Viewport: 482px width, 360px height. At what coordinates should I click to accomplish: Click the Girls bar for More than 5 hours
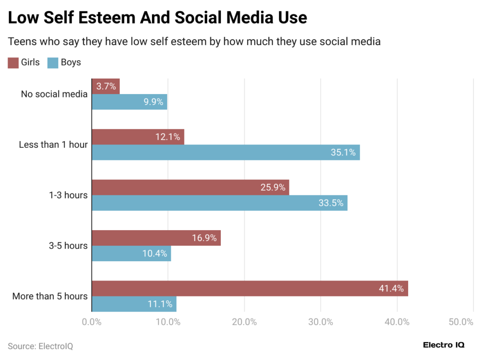coord(249,288)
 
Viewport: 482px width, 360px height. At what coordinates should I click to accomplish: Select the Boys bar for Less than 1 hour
coord(225,152)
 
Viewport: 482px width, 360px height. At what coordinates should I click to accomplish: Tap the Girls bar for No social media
coord(105,87)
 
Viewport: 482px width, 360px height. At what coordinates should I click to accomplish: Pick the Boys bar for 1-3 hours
coord(219,203)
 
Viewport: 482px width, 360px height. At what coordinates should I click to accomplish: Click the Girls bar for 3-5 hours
coord(156,238)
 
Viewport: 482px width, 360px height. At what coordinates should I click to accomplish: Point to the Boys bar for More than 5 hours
coord(134,304)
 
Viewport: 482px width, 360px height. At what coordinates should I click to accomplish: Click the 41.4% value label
coord(391,288)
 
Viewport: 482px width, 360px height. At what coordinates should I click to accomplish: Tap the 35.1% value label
coord(343,152)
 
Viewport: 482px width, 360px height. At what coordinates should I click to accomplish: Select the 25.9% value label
coord(273,187)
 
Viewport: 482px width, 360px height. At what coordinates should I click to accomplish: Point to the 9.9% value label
coord(153,102)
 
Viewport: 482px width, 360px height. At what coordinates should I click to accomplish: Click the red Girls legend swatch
coord(13,63)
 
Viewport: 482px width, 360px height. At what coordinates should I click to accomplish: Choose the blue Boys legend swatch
coord(53,63)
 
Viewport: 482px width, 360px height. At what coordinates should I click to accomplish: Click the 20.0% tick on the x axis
coord(244,322)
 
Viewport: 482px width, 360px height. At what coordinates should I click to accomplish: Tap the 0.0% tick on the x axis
coord(92,322)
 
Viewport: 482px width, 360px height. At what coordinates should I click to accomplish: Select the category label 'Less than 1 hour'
coord(53,145)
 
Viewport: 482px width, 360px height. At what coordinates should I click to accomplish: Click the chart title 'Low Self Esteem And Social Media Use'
coord(158,18)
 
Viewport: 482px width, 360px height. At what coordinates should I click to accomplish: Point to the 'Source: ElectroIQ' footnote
coord(40,346)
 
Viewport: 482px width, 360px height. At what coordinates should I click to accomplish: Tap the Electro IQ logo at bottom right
coord(444,345)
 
